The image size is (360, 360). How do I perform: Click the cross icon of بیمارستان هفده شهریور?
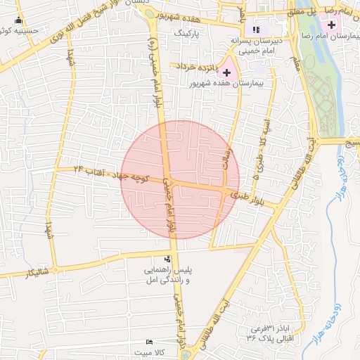click(x=227, y=72)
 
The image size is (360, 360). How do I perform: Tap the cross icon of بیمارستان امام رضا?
click(x=332, y=25)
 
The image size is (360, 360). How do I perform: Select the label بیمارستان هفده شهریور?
click(x=226, y=83)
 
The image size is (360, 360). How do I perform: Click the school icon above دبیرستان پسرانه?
click(x=256, y=30)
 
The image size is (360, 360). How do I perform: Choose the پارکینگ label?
click(x=187, y=33)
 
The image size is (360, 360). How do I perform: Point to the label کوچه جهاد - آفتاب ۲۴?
click(x=112, y=175)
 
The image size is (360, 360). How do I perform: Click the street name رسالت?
click(x=226, y=143)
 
